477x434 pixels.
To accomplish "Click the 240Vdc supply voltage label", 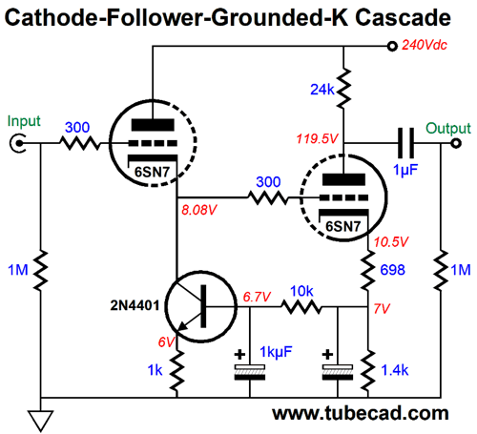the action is pos(425,45).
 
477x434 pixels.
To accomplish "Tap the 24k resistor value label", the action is pos(322,90).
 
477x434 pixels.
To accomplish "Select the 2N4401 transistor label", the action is pos(135,305).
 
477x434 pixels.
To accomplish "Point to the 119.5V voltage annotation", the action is pos(317,138).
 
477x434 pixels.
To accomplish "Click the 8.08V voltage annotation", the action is pos(199,210).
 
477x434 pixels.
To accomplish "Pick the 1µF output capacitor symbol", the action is pos(406,143).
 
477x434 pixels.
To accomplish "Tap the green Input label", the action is pos(24,122).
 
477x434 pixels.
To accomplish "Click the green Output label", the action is pos(448,129).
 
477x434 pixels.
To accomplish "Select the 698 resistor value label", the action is pos(393,270).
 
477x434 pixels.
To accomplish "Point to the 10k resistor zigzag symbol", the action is pos(301,307).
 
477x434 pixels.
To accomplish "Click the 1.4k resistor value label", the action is pos(395,370).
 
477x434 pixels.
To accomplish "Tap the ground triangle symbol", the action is pos(41,421).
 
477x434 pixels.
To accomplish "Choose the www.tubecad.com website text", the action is pos(361,413).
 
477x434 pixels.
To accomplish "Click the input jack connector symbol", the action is pos(18,143).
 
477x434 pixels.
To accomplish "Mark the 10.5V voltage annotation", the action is pos(391,242).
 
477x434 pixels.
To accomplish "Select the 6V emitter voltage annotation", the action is pos(166,342).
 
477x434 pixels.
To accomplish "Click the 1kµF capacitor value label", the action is pos(276,352).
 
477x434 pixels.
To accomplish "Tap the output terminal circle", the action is pos(456,143).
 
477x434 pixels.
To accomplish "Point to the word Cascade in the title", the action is pos(403,18).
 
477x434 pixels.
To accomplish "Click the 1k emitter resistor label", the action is pos(155,370).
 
